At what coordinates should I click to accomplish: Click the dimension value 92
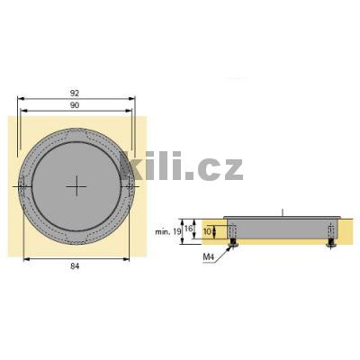75,94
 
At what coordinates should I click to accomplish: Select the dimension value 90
75,105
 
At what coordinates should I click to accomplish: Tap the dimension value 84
75,265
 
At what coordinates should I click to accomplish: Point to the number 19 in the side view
177,231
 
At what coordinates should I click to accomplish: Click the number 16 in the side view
188,229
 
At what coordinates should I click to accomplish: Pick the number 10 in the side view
207,231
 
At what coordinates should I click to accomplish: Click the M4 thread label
209,256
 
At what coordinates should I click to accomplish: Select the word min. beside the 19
163,232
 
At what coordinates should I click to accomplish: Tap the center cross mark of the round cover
76,186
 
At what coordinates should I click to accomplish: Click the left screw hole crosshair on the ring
22,187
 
